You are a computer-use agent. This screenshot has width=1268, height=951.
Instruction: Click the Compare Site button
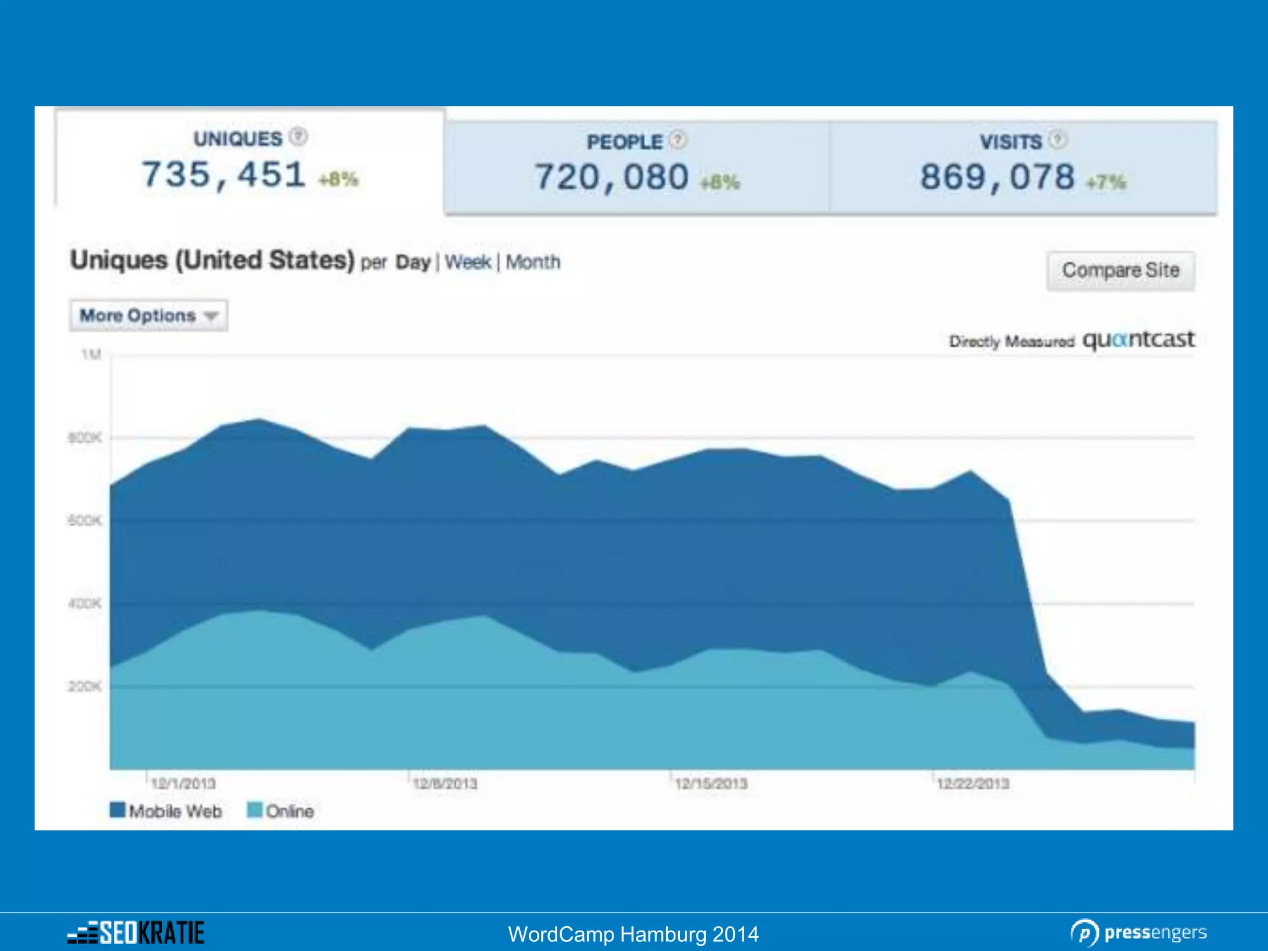tap(1120, 271)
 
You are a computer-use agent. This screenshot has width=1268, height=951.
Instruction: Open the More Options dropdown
tap(148, 316)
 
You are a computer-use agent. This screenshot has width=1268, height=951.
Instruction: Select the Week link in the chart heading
tap(467, 262)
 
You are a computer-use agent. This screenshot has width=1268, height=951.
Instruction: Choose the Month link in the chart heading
tap(532, 262)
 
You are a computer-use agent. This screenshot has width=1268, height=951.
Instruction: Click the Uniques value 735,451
tap(224, 175)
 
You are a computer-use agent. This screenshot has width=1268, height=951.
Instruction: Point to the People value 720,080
tap(611, 178)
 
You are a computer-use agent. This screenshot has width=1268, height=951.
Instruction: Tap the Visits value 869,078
tap(997, 178)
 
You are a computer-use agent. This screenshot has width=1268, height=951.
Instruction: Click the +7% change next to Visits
tap(1106, 182)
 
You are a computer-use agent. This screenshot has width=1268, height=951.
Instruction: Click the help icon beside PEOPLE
tap(679, 140)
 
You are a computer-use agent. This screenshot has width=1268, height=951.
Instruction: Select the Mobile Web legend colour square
tap(117, 810)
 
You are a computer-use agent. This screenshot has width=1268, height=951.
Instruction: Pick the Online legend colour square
tap(254, 810)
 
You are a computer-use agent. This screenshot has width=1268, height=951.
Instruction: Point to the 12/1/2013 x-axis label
tap(183, 784)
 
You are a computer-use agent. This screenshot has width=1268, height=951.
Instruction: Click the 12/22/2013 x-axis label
tap(973, 784)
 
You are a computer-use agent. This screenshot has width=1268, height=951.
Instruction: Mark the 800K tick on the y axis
tap(84, 438)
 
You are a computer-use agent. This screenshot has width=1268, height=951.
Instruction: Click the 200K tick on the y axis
tap(84, 686)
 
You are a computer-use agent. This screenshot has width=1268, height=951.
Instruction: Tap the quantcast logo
tap(1138, 339)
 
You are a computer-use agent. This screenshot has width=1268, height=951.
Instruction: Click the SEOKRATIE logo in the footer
tap(136, 932)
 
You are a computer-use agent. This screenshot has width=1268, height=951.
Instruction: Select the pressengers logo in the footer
tap(1139, 932)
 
